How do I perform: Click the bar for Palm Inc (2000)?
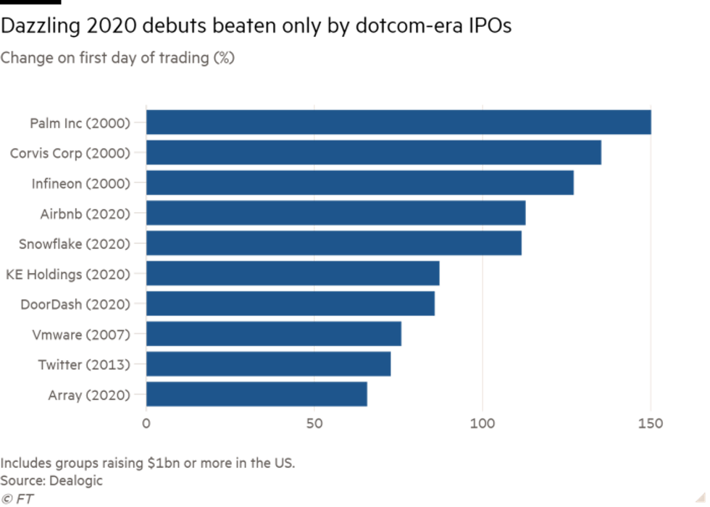[x=398, y=122]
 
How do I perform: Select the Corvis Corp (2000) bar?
[x=374, y=153]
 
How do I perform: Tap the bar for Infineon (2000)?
[x=360, y=183]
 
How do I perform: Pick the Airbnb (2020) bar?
[x=336, y=214]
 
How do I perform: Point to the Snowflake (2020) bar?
[x=334, y=243]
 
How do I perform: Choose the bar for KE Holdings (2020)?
[x=293, y=274]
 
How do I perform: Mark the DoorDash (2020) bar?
[x=291, y=303]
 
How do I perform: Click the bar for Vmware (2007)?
[x=274, y=334]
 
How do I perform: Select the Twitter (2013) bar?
[x=268, y=364]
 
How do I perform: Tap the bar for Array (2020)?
[x=256, y=394]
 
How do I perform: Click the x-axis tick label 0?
[x=146, y=423]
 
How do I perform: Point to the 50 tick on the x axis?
[x=314, y=423]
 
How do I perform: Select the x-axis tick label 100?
[x=483, y=423]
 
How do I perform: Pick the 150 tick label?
[x=650, y=423]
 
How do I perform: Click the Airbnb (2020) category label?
[x=85, y=214]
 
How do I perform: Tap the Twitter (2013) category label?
[x=84, y=364]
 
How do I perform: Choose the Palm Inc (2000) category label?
[x=80, y=123]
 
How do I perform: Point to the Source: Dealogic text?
[x=51, y=480]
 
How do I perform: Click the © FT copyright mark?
[x=17, y=498]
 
